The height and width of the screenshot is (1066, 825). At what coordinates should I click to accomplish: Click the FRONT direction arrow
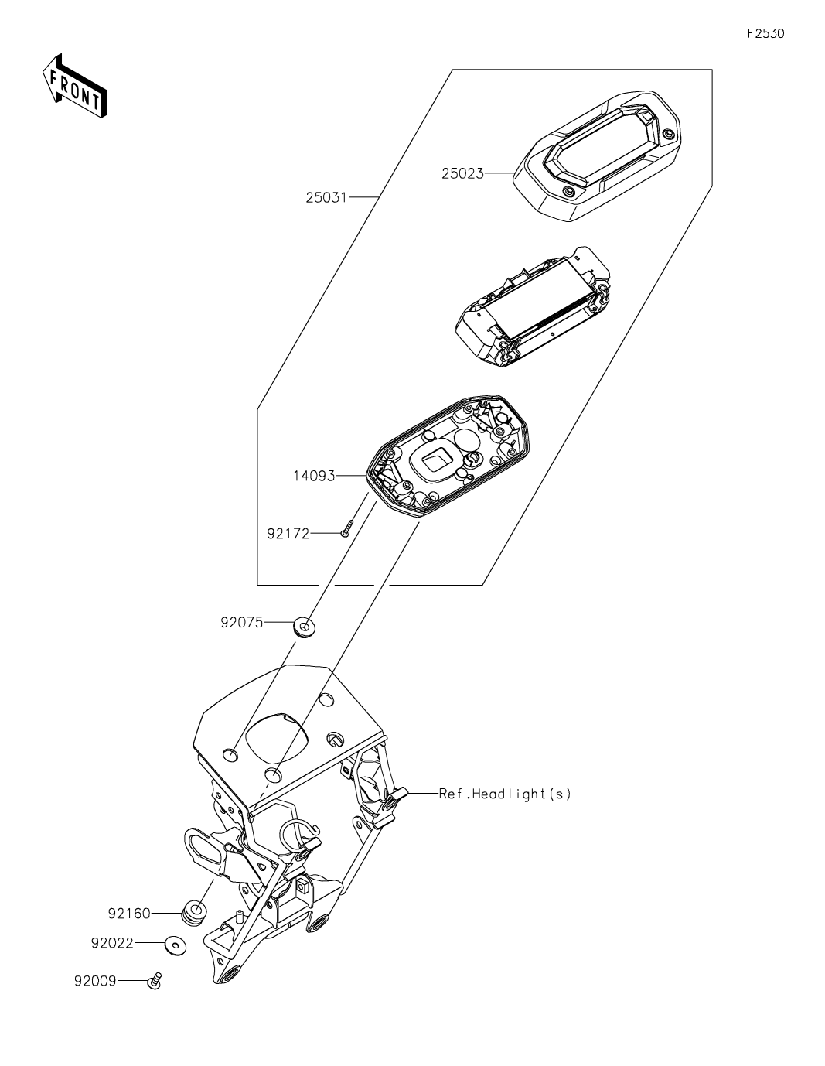[74, 87]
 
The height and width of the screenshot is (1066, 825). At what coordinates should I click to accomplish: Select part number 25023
[462, 174]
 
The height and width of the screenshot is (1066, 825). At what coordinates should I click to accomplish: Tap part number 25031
[326, 198]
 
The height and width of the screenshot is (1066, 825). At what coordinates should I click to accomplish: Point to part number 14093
[313, 477]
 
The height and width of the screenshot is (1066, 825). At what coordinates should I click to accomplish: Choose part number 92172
[288, 534]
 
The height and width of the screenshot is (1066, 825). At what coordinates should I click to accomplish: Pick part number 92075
[241, 622]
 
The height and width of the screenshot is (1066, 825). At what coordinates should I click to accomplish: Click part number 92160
[129, 914]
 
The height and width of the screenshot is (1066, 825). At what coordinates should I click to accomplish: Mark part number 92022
[112, 944]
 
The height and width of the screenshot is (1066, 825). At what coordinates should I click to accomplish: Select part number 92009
[95, 981]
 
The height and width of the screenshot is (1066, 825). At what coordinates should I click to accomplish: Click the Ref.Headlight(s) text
[505, 794]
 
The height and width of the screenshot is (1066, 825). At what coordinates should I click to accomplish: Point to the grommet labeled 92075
[305, 626]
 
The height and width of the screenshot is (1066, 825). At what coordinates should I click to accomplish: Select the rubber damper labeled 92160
[193, 914]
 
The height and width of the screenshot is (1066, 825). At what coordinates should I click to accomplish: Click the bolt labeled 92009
[154, 981]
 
